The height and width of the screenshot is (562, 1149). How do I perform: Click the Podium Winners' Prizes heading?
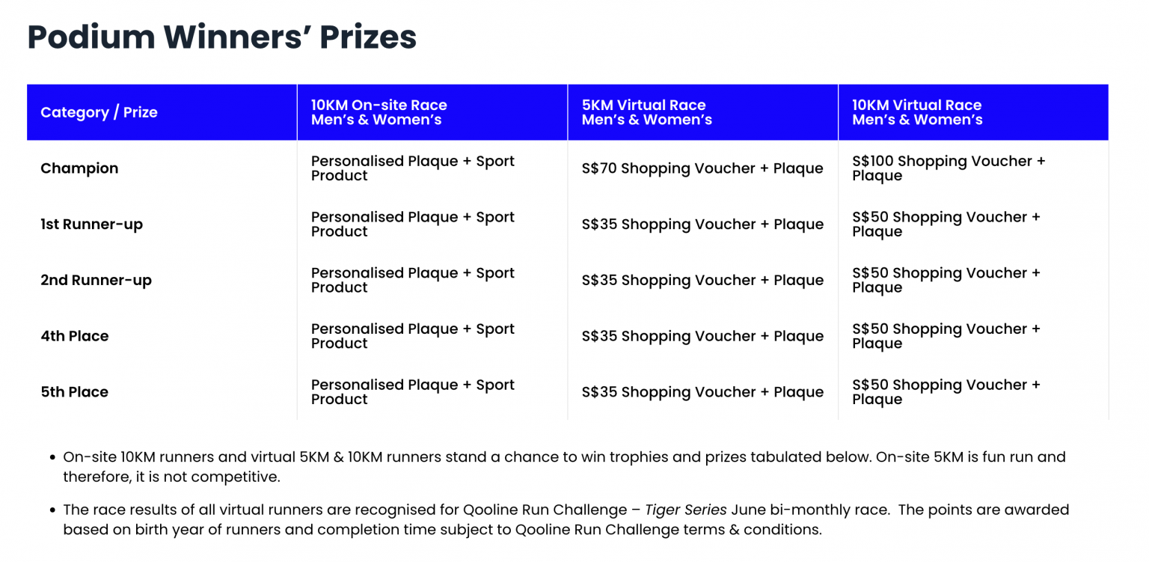[x=221, y=37]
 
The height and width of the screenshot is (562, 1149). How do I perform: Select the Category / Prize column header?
[x=99, y=112]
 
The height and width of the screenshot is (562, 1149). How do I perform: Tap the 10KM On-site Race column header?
[x=379, y=112]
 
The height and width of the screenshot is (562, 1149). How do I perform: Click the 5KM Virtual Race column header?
[x=647, y=112]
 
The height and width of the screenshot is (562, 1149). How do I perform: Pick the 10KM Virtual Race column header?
[x=917, y=112]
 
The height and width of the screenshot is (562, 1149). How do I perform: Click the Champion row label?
[x=79, y=168]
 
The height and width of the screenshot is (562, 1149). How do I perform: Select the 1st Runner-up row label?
[x=92, y=225]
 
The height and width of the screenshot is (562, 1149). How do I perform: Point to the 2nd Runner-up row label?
[x=96, y=280]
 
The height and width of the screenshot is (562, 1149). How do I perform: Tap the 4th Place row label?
[x=74, y=336]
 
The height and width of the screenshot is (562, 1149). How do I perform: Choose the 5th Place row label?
[x=74, y=392]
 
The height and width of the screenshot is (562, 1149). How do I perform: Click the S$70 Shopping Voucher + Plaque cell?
[x=702, y=168]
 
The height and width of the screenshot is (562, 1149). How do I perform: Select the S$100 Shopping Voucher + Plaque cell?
[x=949, y=168]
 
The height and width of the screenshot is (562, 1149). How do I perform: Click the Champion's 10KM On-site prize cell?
[x=412, y=168]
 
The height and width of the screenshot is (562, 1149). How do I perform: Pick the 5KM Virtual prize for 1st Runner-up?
[x=702, y=225]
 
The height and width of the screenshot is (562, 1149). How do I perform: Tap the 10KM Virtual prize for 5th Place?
[x=946, y=392]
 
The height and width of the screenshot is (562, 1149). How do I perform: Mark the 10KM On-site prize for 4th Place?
[x=412, y=336]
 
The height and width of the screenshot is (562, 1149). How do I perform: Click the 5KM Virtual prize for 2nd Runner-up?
[x=702, y=280]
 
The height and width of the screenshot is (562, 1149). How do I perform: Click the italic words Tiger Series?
[x=686, y=510]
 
